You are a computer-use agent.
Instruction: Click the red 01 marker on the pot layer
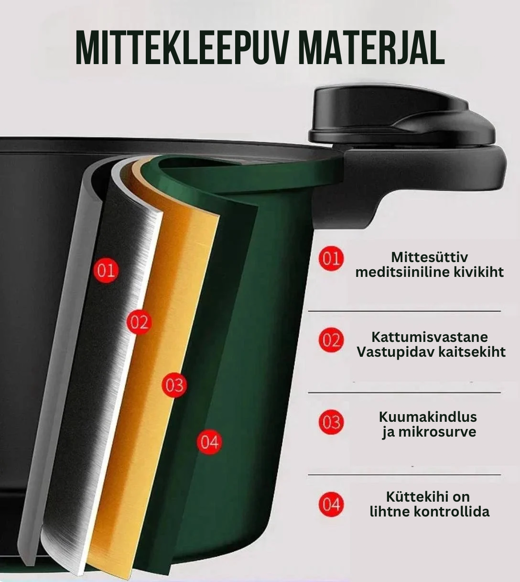click(106, 271)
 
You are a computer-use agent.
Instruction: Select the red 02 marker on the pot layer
click(139, 323)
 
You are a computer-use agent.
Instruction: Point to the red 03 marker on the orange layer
click(174, 385)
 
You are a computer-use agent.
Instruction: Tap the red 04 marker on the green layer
click(209, 442)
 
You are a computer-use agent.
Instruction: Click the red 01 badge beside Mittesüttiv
click(331, 259)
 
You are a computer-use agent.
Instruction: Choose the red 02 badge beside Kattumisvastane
click(331, 340)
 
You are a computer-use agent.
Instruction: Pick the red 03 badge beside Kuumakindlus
click(331, 423)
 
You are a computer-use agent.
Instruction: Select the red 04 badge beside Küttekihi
click(331, 505)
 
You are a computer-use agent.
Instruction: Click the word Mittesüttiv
click(429, 257)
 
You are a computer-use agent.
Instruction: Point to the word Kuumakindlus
click(428, 417)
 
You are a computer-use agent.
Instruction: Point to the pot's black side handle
click(430, 182)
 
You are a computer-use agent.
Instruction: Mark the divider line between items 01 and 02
click(404, 311)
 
